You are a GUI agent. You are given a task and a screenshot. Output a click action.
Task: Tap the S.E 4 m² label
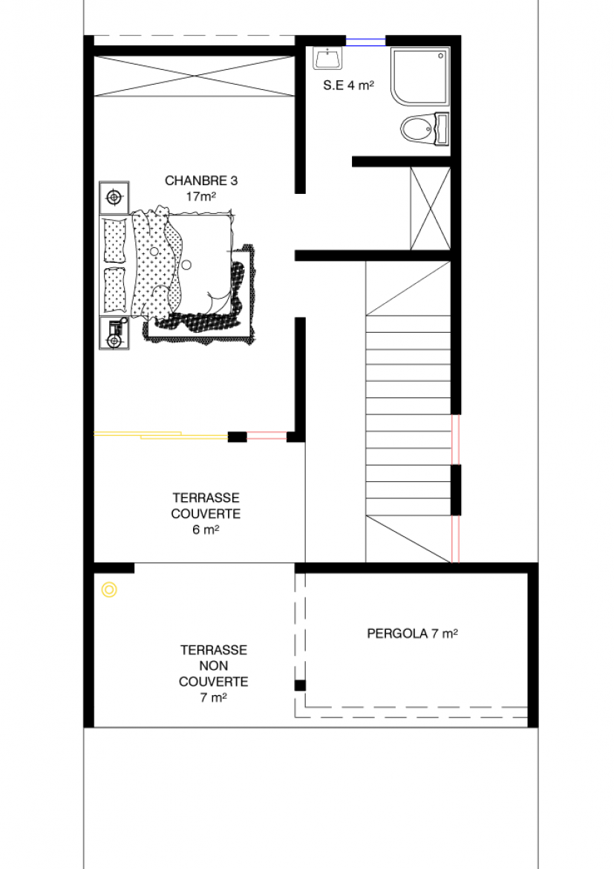point(348,85)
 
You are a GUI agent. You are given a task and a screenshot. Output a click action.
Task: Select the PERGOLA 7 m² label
point(412,634)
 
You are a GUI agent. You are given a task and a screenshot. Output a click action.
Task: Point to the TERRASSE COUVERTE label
point(206,506)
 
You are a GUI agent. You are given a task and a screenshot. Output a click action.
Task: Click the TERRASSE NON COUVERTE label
point(213,665)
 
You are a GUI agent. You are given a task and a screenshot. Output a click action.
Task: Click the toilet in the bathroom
point(425,130)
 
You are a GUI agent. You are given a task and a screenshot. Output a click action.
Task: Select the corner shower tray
point(419,76)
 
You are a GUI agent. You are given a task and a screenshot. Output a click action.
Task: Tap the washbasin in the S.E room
point(327,58)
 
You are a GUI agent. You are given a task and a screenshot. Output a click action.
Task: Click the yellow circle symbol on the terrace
point(109,590)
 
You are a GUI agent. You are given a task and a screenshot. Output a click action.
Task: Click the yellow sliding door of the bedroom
point(160,435)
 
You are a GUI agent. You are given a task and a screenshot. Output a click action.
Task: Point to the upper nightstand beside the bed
point(114,198)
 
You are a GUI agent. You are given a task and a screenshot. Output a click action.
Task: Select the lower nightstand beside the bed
point(114,333)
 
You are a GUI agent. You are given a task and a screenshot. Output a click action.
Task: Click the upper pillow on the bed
point(115,241)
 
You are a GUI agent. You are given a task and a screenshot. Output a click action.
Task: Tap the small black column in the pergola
point(300,685)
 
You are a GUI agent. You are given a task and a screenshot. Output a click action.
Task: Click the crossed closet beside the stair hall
point(431,209)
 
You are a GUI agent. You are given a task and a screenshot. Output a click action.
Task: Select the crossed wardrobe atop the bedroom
point(194,77)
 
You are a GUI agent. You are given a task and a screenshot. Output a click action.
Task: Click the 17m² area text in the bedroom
point(201,196)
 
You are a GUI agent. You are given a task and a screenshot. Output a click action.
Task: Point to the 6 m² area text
point(206,530)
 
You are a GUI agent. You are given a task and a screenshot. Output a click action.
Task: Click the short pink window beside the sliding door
point(267,436)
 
